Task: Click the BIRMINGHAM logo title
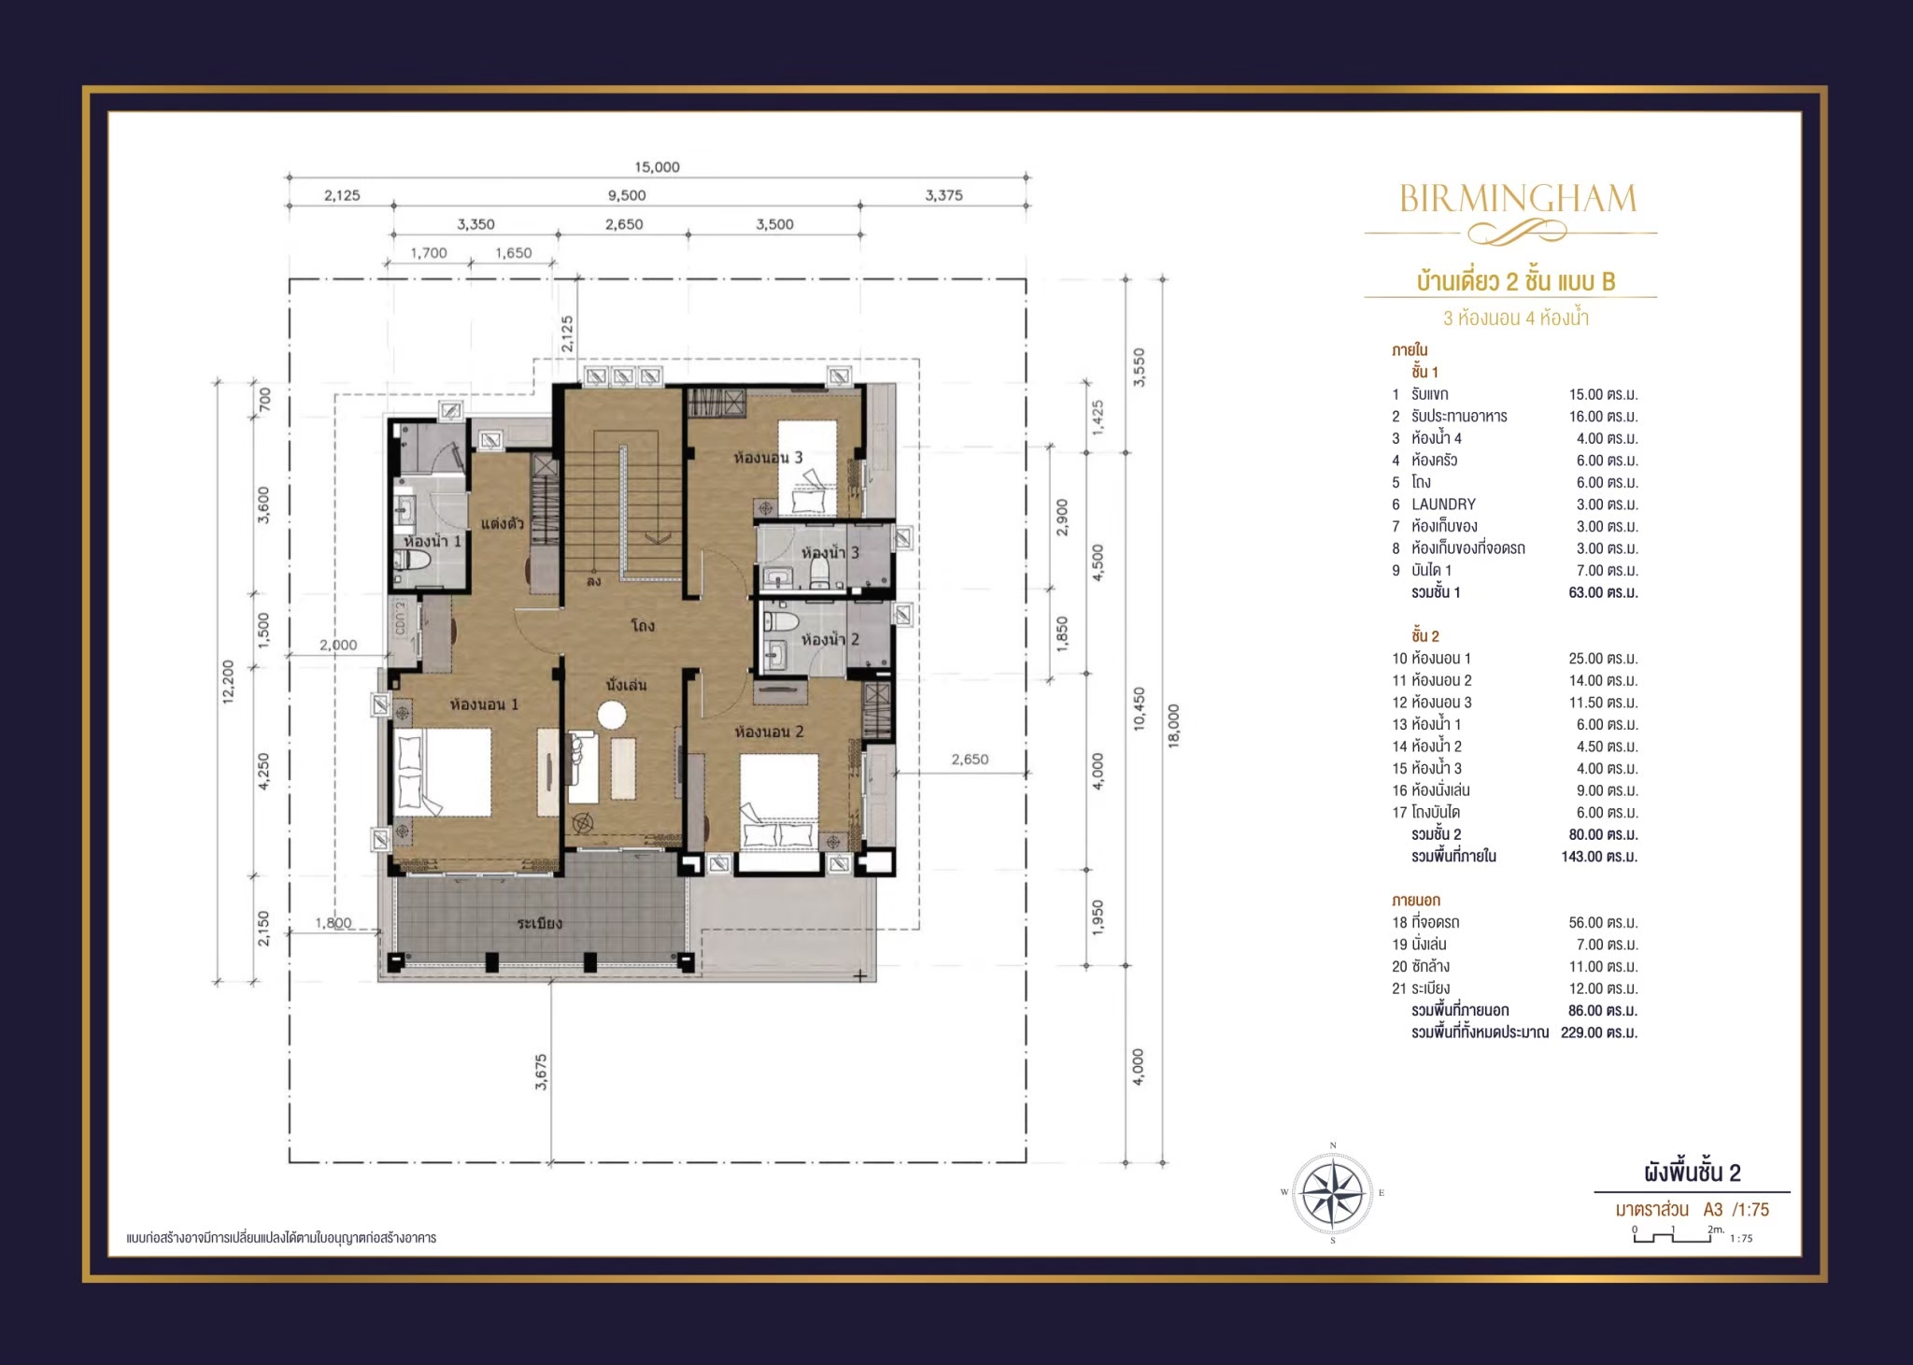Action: (x=1518, y=198)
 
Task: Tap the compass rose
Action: (x=1333, y=1193)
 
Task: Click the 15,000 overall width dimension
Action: (x=657, y=167)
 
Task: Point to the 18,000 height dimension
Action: (x=1174, y=726)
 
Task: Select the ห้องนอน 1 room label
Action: (x=484, y=704)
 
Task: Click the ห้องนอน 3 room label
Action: (x=768, y=458)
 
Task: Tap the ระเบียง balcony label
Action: (x=540, y=923)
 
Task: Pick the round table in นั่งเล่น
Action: (x=612, y=717)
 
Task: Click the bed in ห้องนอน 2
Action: (x=780, y=801)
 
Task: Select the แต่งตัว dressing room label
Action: (x=503, y=523)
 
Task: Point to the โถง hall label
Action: (x=643, y=625)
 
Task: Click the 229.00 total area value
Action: (x=1598, y=1032)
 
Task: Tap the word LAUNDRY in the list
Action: (x=1443, y=505)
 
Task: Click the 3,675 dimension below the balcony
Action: (x=541, y=1073)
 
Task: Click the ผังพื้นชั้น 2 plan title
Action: (x=1693, y=1173)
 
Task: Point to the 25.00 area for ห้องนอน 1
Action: (x=1603, y=659)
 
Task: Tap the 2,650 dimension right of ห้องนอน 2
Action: (x=970, y=760)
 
